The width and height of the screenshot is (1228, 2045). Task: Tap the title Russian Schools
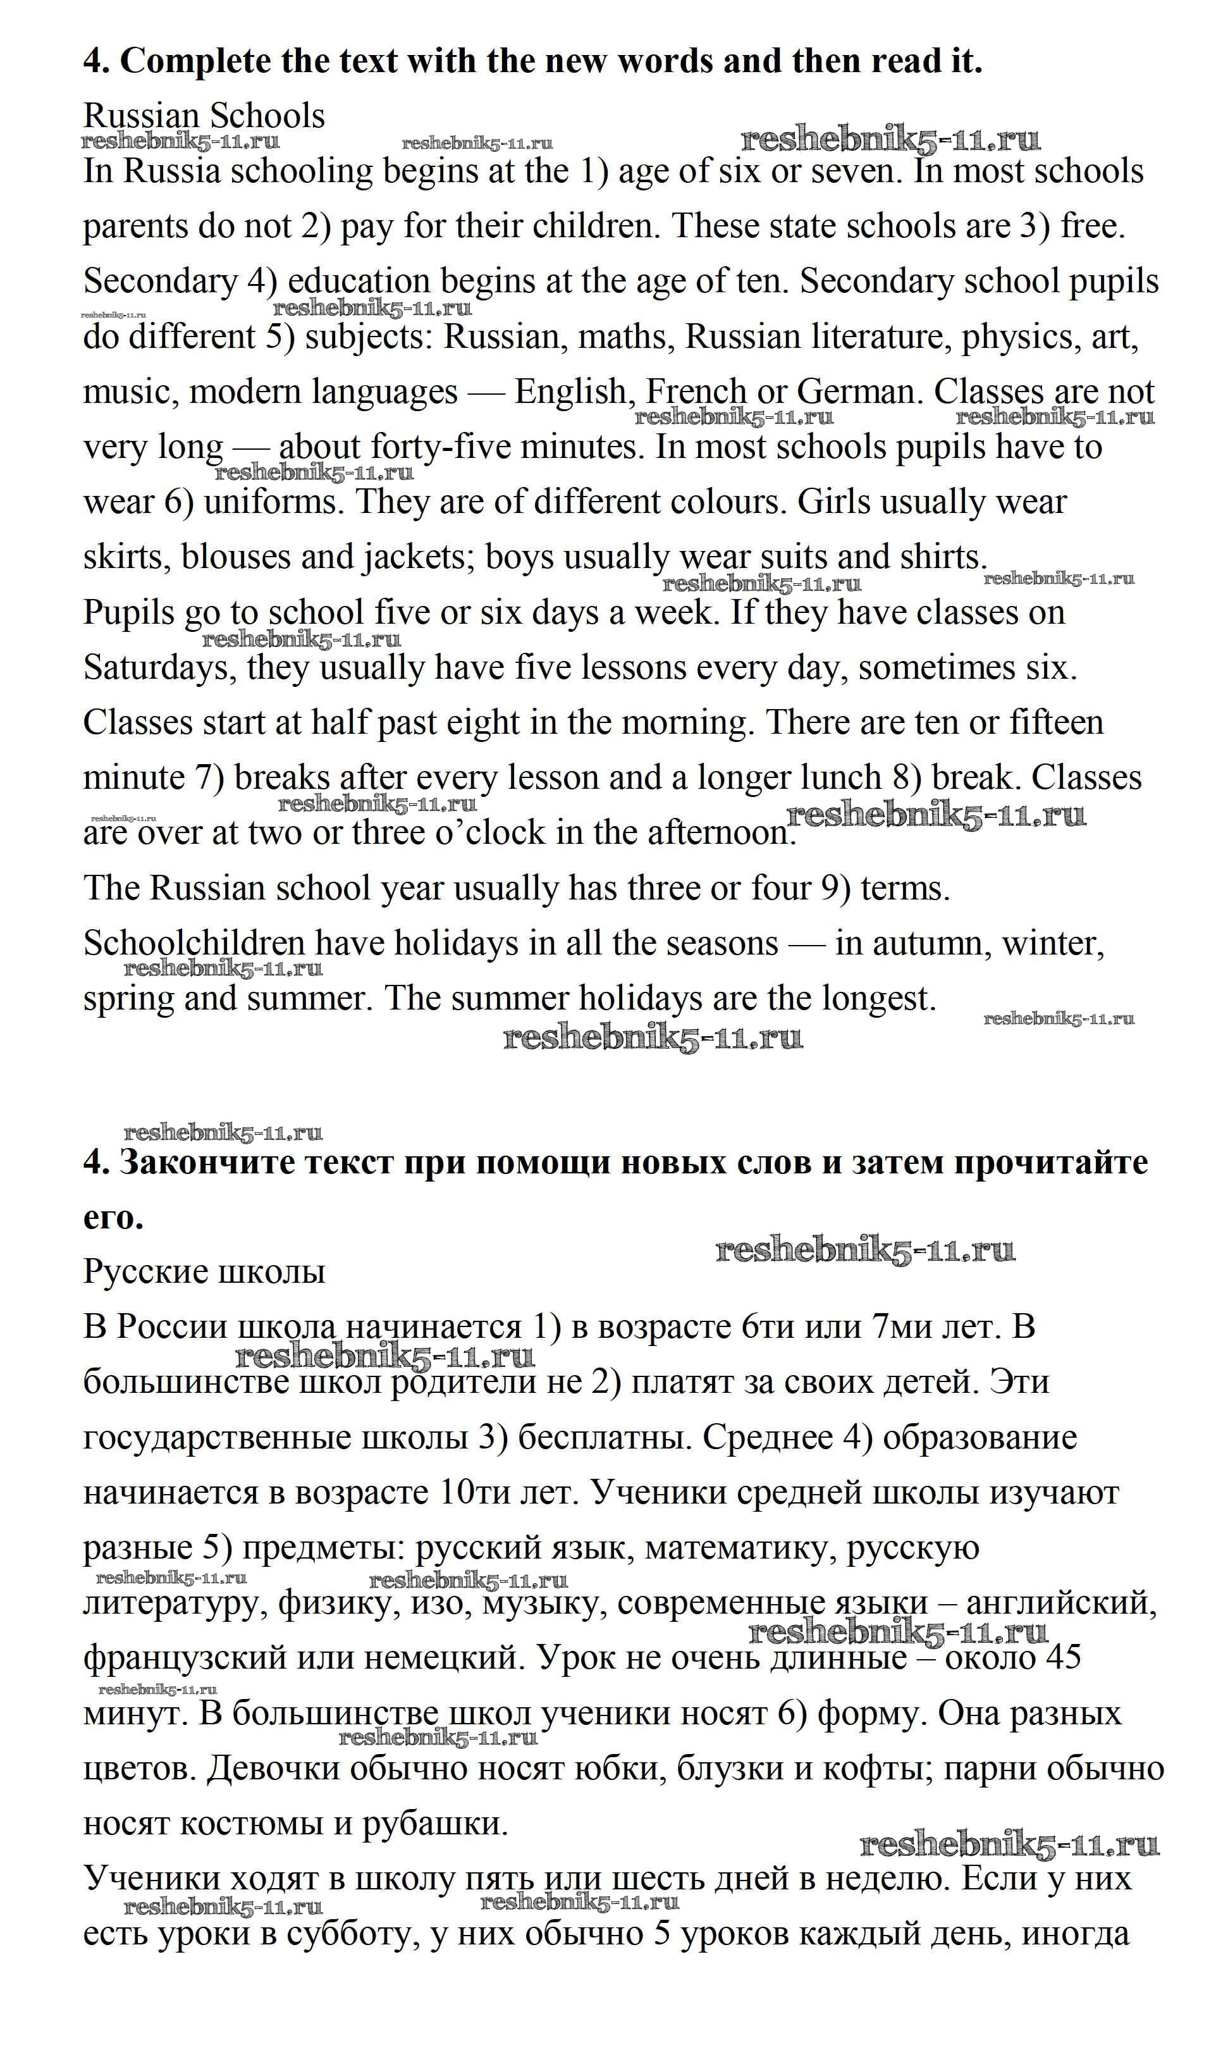pyautogui.click(x=204, y=116)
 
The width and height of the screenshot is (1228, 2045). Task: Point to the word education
pyautogui.click(x=359, y=282)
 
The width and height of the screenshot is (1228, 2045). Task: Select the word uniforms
pyautogui.click(x=273, y=502)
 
